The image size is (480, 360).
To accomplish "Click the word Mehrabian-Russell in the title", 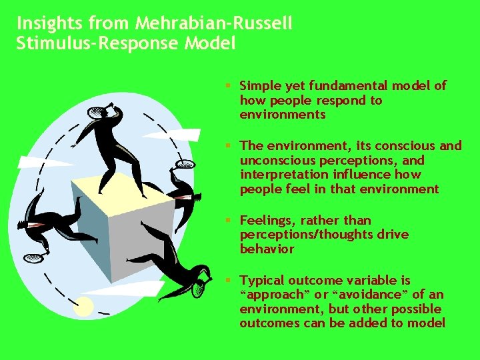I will coord(213,24).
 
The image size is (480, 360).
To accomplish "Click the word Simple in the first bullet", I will coord(259,85).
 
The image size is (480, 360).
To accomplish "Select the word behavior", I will coord(267,249).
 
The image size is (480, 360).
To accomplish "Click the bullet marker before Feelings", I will coord(229,221).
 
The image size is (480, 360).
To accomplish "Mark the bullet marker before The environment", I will coord(229,146).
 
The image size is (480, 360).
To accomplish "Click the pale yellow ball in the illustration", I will coord(83,307).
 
